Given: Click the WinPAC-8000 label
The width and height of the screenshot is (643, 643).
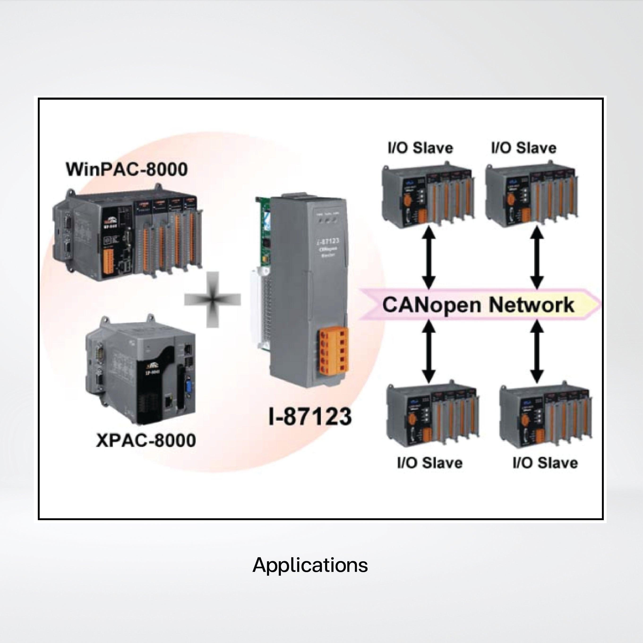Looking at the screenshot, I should point(127,169).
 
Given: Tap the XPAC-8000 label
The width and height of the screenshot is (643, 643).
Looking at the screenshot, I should point(146,440).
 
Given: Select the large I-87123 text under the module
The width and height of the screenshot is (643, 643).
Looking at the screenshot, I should point(310,416).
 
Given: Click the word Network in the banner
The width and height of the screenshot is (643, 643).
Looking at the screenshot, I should point(532,304).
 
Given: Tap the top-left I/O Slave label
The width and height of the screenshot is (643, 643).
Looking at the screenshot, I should point(420,147).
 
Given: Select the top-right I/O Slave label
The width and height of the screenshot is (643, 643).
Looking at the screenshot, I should point(523,147).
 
